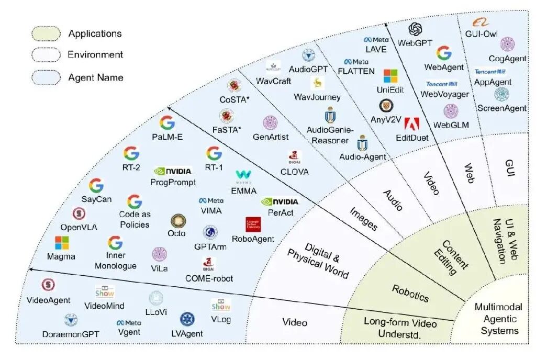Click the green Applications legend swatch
point(46,33)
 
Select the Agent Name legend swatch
point(46,77)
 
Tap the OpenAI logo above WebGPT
point(415,29)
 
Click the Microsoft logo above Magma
point(62,243)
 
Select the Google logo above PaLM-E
point(167,123)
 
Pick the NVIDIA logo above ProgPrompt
point(173,171)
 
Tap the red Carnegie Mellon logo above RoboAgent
point(253,224)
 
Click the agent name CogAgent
point(507,59)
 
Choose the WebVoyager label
point(445,94)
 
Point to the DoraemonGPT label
point(71,334)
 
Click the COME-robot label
point(209,278)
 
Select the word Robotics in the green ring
point(410,294)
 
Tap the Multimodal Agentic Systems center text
point(499,319)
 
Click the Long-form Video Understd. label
point(400,328)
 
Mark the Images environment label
point(363,219)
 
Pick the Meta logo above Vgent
point(129,323)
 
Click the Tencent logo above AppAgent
point(490,72)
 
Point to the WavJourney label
point(317,97)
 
